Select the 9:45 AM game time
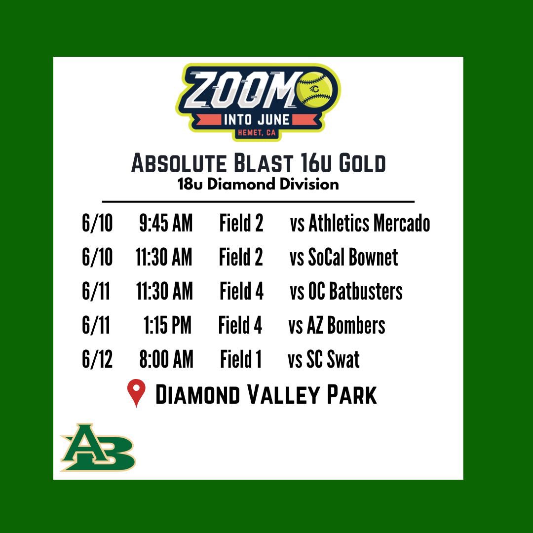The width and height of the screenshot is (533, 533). (x=166, y=224)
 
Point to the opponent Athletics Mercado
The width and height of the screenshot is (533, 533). (x=360, y=224)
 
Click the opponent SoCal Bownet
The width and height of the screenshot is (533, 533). (x=344, y=258)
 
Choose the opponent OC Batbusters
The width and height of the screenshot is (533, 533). (x=346, y=292)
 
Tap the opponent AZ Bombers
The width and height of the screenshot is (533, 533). (x=337, y=326)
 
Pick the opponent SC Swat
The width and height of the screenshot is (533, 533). (x=324, y=360)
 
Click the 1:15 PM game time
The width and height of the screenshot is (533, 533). (x=167, y=326)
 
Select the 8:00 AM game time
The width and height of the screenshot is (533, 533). (x=166, y=360)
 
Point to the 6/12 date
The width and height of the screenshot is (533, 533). (x=97, y=360)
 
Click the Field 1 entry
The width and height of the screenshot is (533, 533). (x=241, y=360)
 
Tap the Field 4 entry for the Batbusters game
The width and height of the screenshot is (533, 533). (x=242, y=292)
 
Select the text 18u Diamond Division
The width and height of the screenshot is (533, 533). (x=258, y=185)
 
